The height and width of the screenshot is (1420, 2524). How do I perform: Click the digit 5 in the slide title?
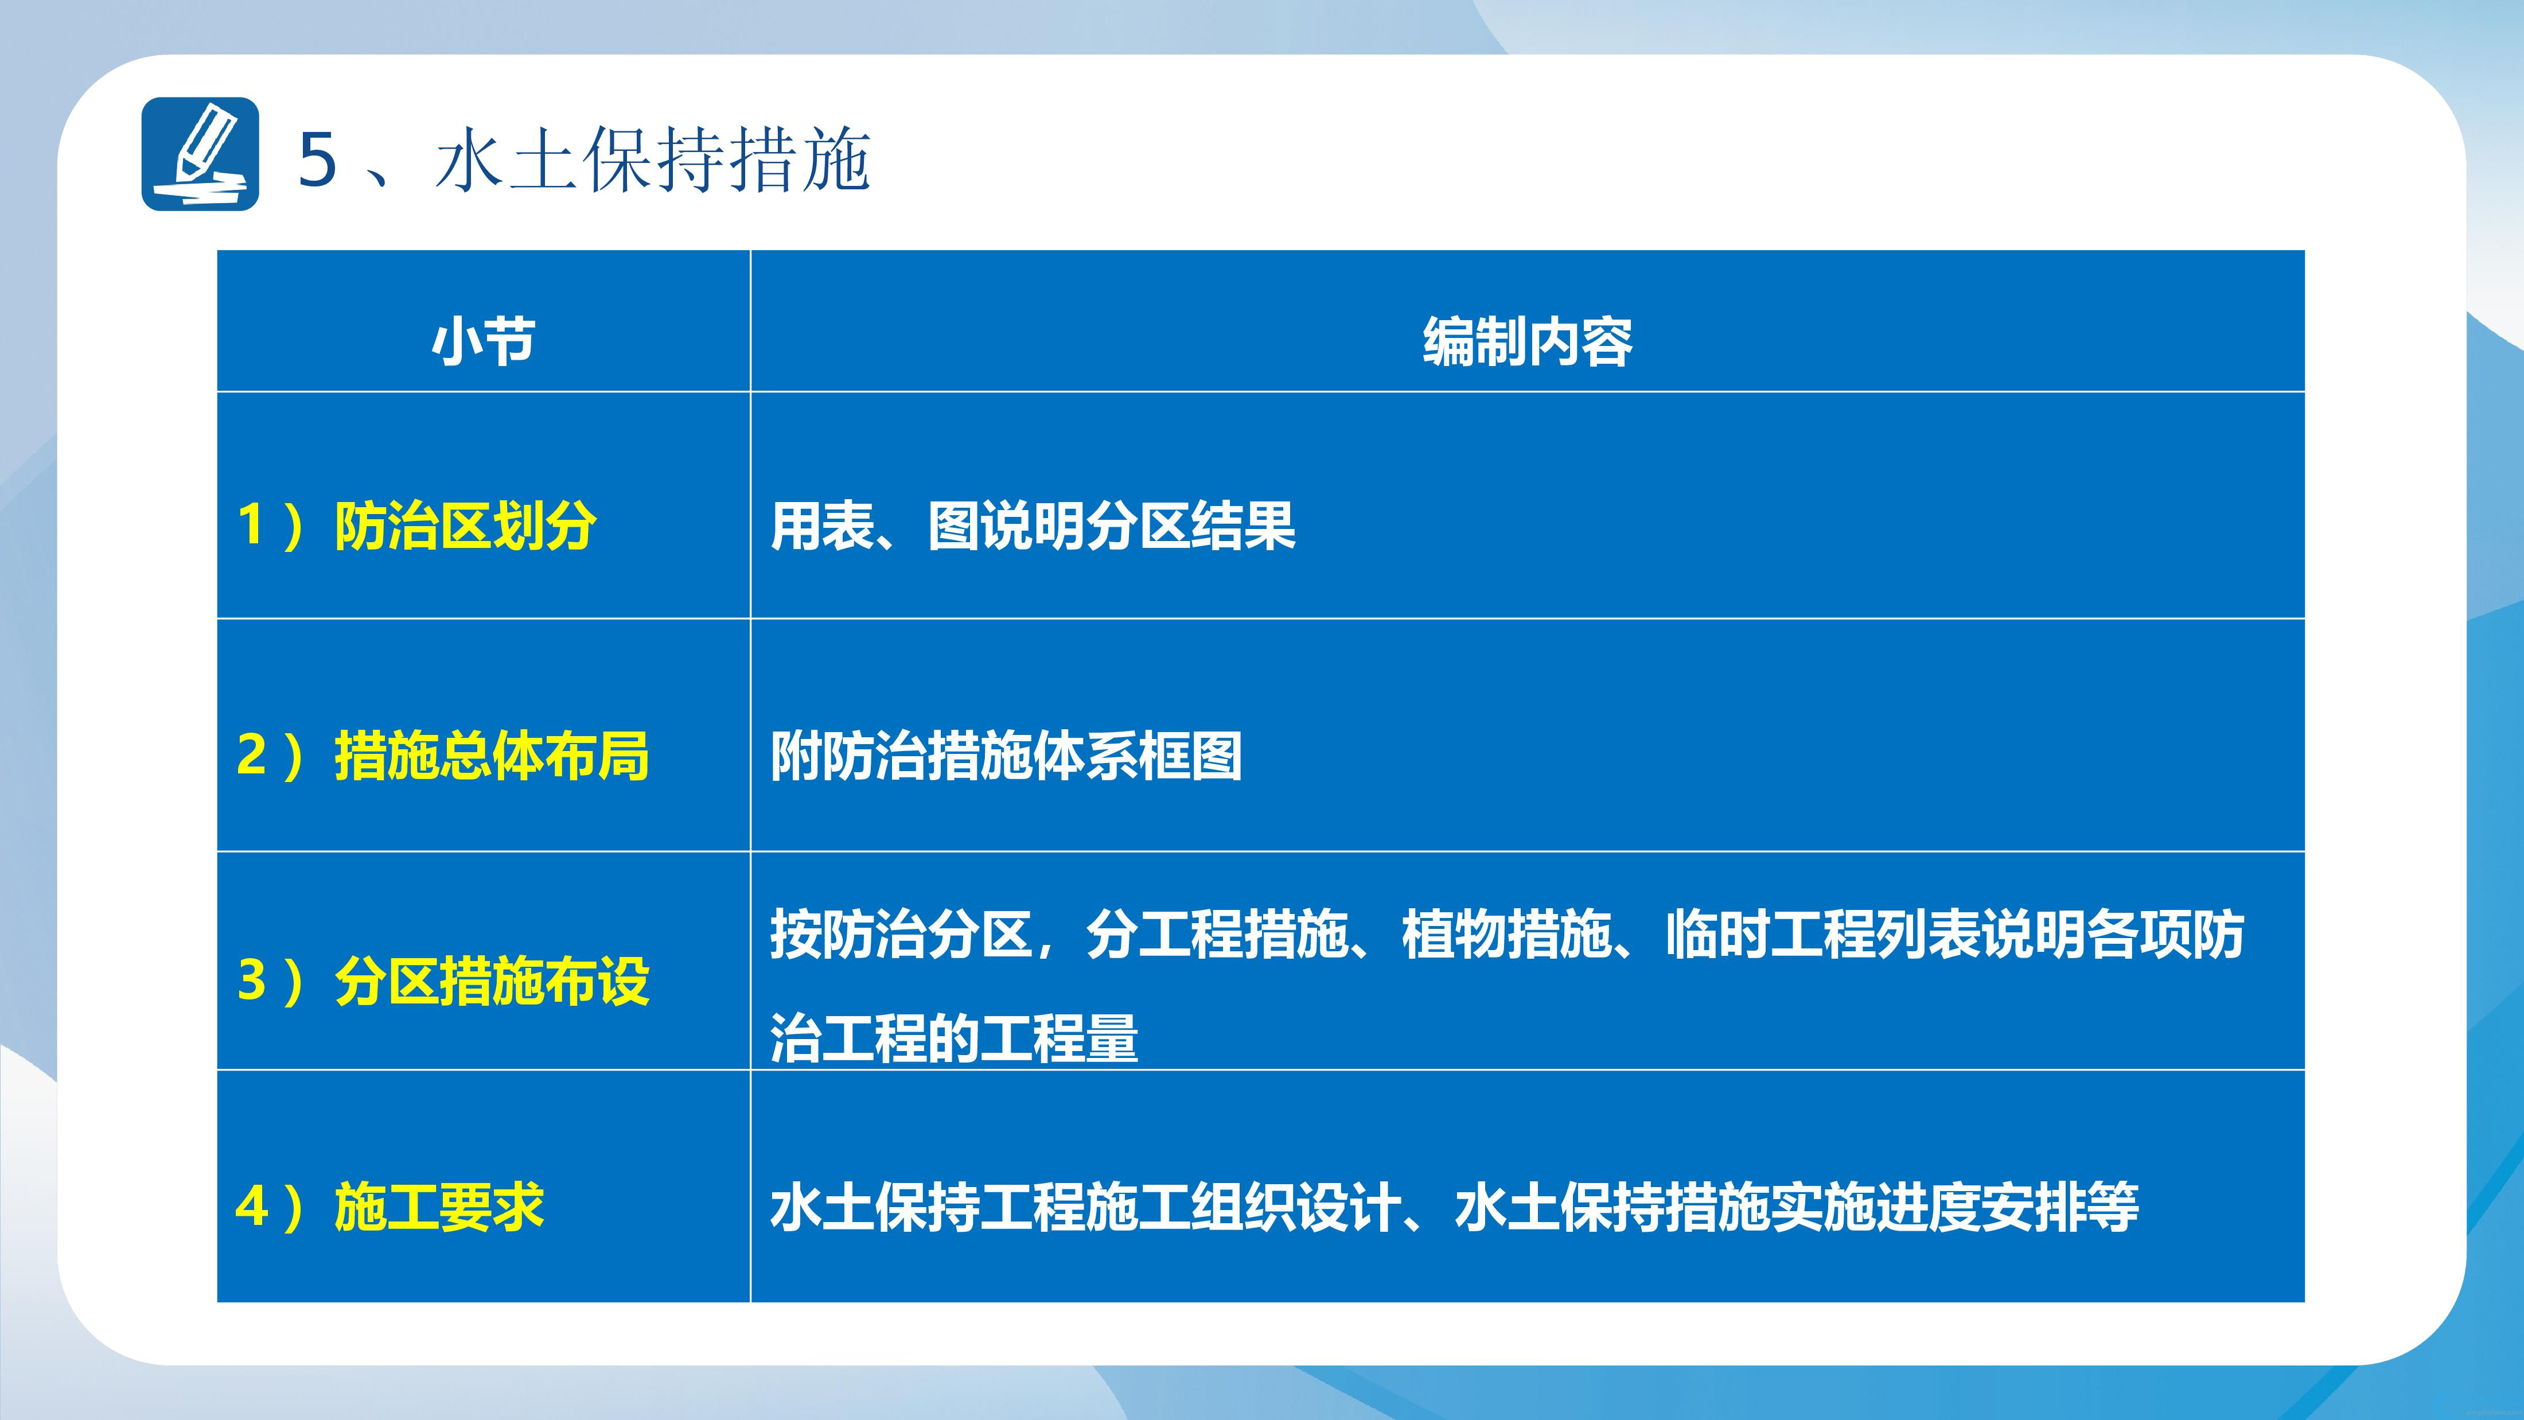pyautogui.click(x=317, y=159)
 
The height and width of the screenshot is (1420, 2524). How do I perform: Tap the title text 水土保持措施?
pyautogui.click(x=653, y=159)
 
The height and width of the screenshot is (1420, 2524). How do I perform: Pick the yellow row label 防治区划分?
pyautogui.click(x=465, y=526)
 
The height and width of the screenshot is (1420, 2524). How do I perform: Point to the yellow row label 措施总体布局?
pyautogui.click(x=492, y=756)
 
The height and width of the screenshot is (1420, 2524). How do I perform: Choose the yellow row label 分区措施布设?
pyautogui.click(x=492, y=981)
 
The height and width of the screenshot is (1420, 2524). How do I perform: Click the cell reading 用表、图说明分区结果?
pyautogui.click(x=1033, y=526)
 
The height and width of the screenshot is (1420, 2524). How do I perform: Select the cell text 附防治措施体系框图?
pyautogui.click(x=1006, y=756)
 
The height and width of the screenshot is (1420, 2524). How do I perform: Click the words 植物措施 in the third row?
pyautogui.click(x=1507, y=934)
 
